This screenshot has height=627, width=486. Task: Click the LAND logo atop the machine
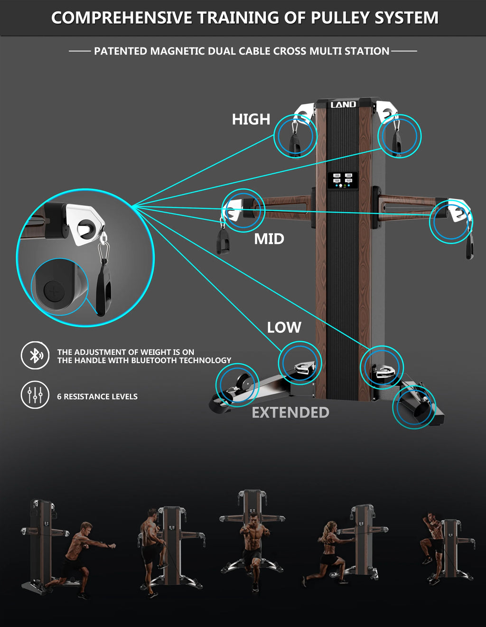click(x=343, y=104)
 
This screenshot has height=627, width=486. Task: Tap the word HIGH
click(x=251, y=119)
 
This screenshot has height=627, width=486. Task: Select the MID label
click(x=269, y=239)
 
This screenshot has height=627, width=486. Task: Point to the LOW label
click(x=284, y=328)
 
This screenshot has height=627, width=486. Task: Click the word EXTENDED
click(x=290, y=412)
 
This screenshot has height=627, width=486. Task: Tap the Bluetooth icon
click(x=35, y=356)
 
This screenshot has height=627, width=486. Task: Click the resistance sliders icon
click(x=35, y=395)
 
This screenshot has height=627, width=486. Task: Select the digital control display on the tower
click(x=343, y=180)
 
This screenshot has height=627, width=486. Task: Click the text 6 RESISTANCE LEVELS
click(x=97, y=397)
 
